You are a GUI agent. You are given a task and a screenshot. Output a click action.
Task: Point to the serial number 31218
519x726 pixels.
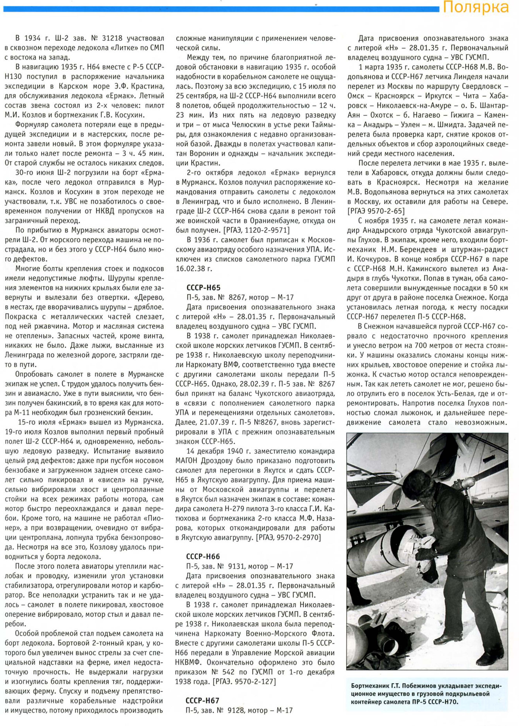coord(112,39)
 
